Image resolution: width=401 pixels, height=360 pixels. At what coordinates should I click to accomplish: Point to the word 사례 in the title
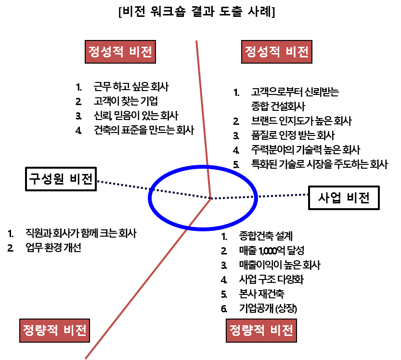click(x=262, y=12)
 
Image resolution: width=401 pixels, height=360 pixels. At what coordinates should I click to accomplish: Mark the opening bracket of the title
click(x=120, y=12)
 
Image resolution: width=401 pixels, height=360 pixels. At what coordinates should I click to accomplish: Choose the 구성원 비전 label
click(x=61, y=179)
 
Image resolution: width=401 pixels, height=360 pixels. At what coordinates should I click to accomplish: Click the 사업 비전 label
click(x=344, y=198)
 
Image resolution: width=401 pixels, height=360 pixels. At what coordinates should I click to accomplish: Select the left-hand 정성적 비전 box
click(x=120, y=52)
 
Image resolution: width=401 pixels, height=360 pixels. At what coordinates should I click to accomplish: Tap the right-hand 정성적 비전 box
click(x=276, y=52)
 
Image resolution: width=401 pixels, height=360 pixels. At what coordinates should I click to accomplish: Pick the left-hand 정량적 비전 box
click(x=55, y=331)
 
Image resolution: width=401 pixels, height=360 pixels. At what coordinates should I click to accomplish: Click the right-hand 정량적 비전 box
click(x=261, y=331)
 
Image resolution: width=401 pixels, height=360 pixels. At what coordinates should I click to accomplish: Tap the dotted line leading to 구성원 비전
click(x=120, y=186)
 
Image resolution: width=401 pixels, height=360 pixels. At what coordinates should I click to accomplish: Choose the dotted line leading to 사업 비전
click(x=284, y=196)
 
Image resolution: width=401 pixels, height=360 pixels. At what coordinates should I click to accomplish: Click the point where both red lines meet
click(x=211, y=198)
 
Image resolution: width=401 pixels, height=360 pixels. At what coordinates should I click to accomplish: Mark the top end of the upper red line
click(x=196, y=41)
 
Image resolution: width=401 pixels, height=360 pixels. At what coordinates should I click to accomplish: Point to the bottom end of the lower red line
click(x=86, y=358)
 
